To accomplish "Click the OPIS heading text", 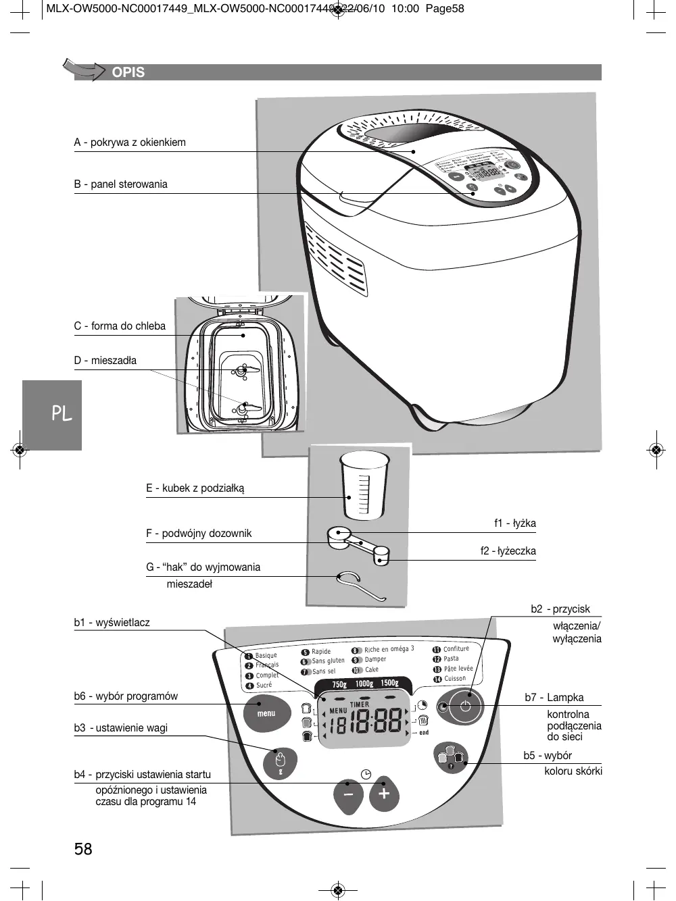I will (x=128, y=72).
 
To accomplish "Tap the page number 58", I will (x=83, y=848).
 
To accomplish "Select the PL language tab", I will (x=62, y=414).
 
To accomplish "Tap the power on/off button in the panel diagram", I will (x=465, y=706).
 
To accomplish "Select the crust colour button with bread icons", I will (x=451, y=756).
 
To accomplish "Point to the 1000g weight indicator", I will (x=364, y=684).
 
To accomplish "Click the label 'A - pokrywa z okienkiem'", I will (x=130, y=143).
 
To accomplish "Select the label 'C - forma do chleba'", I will (x=120, y=326).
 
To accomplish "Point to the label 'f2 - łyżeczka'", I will (x=508, y=551).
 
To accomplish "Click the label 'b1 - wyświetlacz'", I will (x=112, y=623).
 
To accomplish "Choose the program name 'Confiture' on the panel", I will (x=456, y=649).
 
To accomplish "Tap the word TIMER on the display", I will (x=360, y=704).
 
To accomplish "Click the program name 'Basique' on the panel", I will (x=266, y=655).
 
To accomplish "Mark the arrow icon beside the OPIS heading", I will (x=84, y=70).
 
